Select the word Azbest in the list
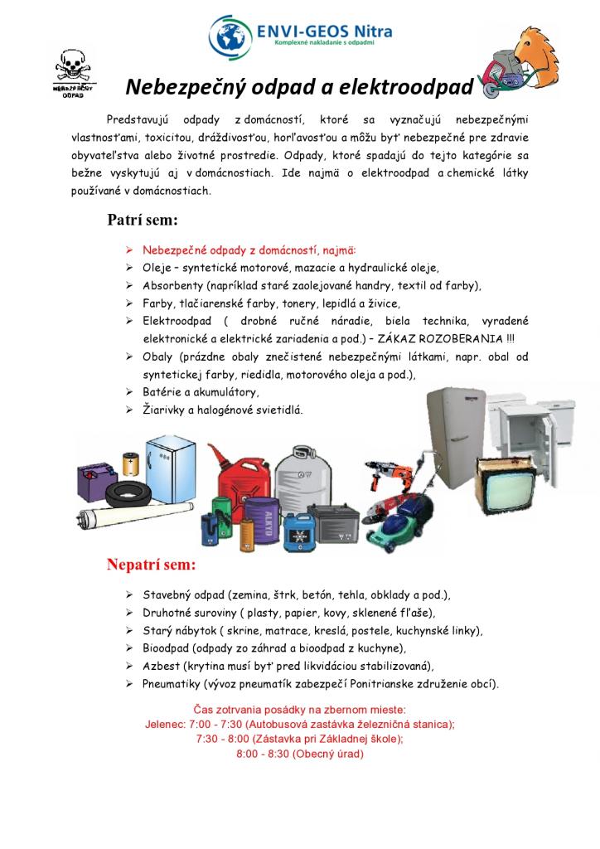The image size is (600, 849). pyautogui.click(x=159, y=666)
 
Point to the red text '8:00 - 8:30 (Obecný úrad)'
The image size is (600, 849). pyautogui.click(x=299, y=754)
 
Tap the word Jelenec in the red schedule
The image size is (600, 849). pyautogui.click(x=164, y=724)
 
